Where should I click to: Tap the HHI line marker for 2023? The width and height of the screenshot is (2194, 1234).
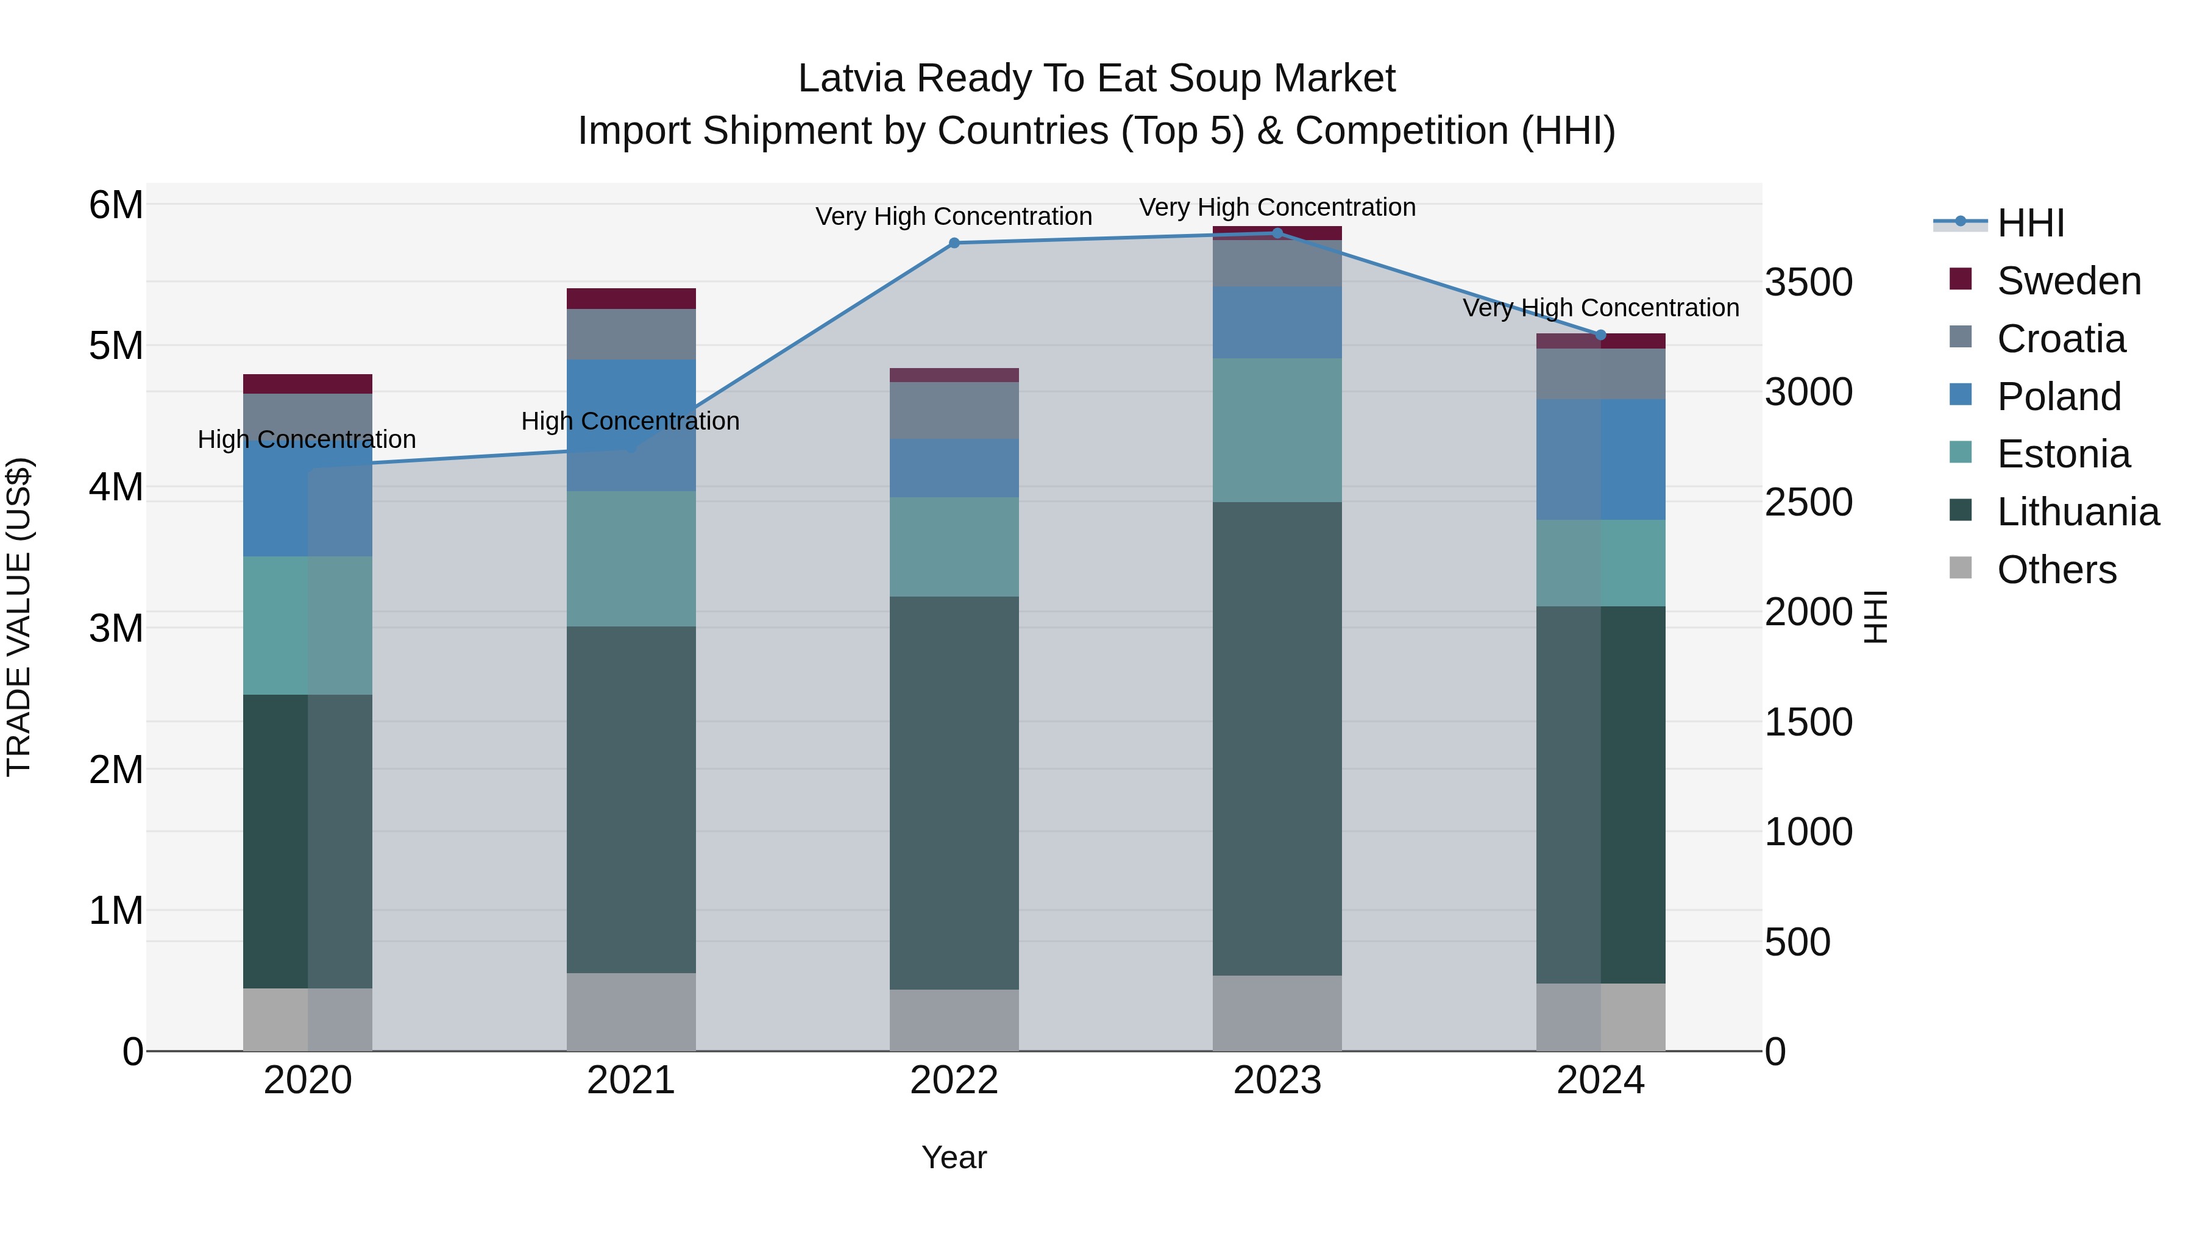(1277, 233)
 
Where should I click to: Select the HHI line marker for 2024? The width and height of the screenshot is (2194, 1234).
(1600, 335)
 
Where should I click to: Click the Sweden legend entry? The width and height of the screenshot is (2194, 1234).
(2068, 281)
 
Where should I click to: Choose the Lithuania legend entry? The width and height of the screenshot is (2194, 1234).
(2078, 512)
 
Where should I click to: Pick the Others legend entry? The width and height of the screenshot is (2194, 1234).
(2056, 570)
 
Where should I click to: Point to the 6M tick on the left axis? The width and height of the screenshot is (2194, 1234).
(116, 205)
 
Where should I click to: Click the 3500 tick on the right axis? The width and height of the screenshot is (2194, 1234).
(1808, 282)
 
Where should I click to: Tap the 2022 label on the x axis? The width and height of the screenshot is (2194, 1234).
(954, 1080)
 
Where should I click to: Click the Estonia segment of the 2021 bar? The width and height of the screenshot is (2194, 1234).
(631, 559)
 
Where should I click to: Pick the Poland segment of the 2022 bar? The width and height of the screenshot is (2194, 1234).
(954, 467)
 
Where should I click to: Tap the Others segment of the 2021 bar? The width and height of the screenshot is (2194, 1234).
(631, 1011)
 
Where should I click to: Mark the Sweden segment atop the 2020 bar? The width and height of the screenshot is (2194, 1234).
(308, 383)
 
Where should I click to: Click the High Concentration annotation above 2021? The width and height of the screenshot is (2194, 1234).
(630, 420)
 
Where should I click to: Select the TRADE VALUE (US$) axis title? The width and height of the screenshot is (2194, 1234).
(19, 617)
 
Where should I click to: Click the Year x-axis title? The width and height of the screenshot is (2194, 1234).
(954, 1157)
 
